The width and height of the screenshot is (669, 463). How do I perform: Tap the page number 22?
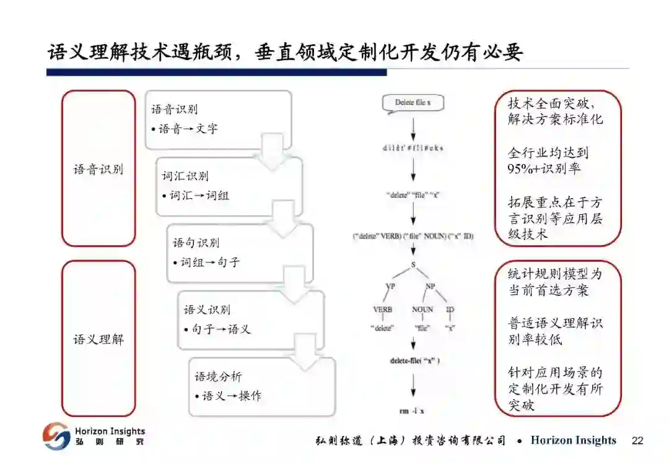point(637,441)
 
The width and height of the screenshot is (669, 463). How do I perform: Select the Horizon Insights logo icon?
point(56,436)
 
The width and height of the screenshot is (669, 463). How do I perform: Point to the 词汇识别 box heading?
point(185,176)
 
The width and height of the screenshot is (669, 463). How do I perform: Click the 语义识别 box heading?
point(207,310)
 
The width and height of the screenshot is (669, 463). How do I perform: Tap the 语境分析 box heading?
point(218,377)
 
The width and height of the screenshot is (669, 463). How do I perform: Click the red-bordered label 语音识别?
point(98,169)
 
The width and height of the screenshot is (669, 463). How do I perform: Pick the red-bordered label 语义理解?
point(98,339)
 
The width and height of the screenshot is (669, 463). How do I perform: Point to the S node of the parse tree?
point(413,264)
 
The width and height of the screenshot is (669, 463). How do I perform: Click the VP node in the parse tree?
point(390,286)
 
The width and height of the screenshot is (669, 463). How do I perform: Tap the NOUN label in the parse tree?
point(422,309)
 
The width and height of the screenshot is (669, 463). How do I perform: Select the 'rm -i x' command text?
point(413,410)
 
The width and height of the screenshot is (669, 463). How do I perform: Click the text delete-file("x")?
point(414,361)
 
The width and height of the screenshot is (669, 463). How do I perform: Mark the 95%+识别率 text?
point(544,169)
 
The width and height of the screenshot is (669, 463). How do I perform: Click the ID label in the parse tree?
point(450,309)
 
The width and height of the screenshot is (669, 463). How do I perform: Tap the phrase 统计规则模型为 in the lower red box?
point(554,274)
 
